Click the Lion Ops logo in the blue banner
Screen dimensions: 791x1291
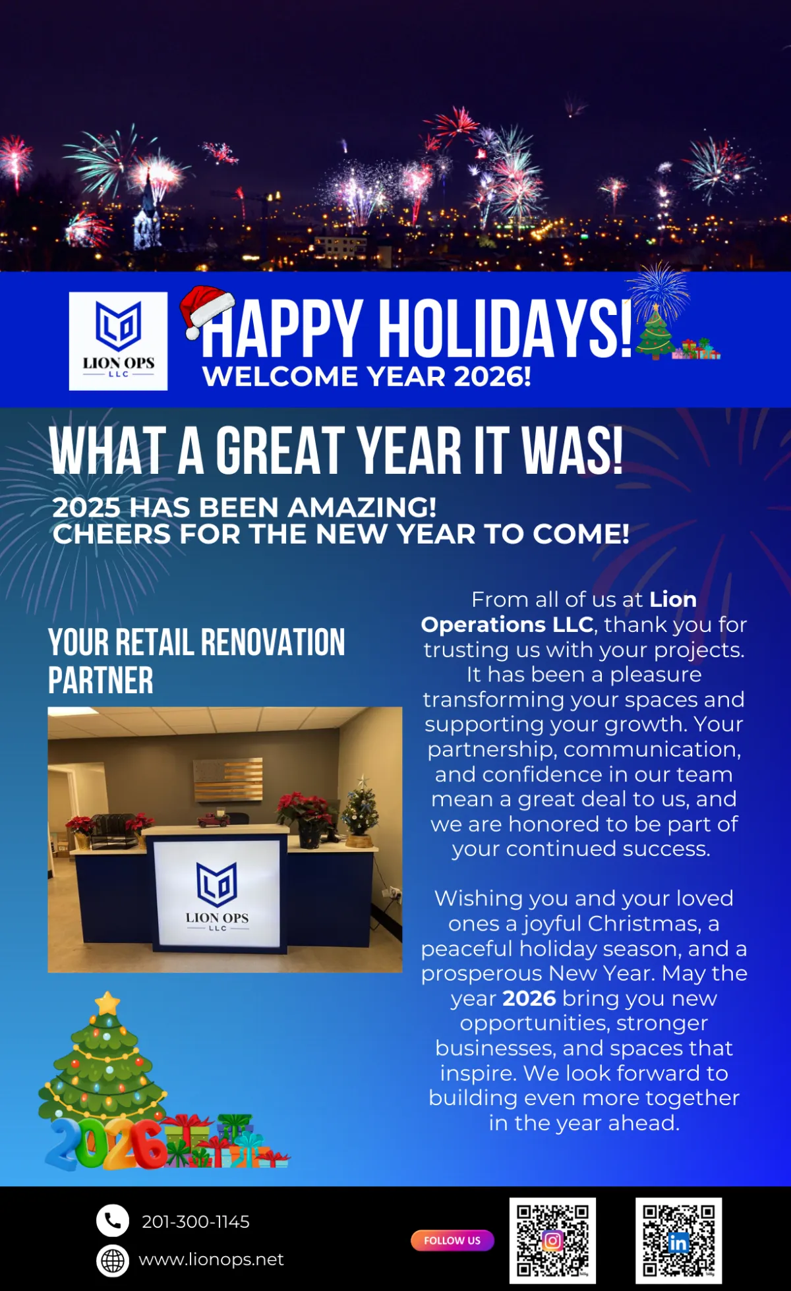(118, 341)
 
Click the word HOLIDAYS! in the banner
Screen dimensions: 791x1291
(506, 327)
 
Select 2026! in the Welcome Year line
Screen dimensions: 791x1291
(492, 377)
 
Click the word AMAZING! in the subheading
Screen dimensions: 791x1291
(361, 507)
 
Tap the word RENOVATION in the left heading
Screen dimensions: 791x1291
(272, 643)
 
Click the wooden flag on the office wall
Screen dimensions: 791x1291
(227, 780)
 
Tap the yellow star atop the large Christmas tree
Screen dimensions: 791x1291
(107, 1004)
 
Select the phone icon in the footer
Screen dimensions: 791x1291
(113, 1221)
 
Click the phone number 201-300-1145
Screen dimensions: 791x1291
(196, 1222)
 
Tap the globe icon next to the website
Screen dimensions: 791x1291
(113, 1261)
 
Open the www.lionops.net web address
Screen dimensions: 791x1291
(211, 1259)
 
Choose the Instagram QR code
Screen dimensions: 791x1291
(552, 1240)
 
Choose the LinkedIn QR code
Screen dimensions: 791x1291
(678, 1240)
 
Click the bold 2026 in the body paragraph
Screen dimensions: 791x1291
(529, 998)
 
